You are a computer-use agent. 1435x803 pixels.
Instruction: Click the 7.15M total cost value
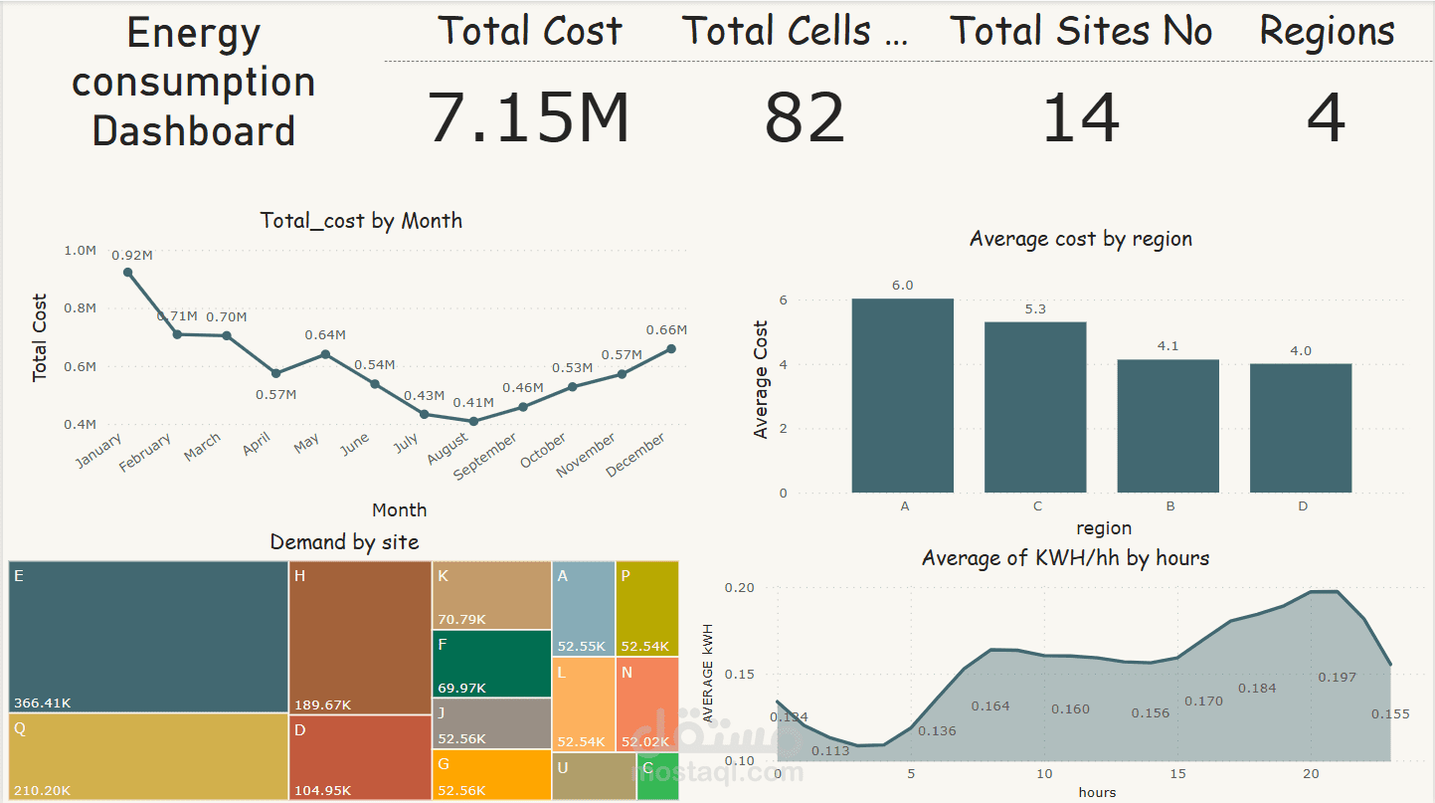point(528,116)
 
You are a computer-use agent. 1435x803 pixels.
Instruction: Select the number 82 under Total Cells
point(805,116)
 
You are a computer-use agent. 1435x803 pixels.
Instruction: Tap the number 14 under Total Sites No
point(1080,116)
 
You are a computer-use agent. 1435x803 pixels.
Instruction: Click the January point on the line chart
point(128,272)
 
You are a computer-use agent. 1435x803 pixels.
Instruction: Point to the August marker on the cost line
point(473,421)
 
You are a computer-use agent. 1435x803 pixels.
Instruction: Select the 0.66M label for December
point(666,330)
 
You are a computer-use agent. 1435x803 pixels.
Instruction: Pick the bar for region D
point(1301,428)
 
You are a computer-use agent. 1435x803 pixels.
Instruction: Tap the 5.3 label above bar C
point(1035,308)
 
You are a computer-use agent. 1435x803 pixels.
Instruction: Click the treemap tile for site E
point(148,637)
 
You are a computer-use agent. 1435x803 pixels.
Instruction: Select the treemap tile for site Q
point(148,756)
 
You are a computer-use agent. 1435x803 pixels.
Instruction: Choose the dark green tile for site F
point(491,664)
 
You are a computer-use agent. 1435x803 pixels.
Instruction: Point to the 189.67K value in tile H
point(322,705)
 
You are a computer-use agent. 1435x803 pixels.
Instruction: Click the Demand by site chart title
point(344,542)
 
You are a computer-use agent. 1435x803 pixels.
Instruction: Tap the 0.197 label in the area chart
point(1337,677)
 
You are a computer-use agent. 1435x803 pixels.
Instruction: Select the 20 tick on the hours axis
point(1311,774)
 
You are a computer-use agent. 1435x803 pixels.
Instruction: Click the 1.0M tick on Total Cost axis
point(80,251)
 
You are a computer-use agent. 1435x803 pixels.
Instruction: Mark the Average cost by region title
point(1080,239)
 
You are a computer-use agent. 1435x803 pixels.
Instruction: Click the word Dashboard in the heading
point(194,131)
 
